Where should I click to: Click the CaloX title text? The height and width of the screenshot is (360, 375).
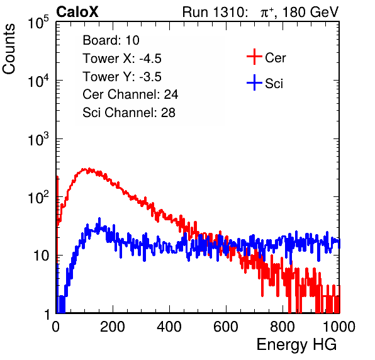point(77,12)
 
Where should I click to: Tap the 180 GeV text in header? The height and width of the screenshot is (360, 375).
point(310,12)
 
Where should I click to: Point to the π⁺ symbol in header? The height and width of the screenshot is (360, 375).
point(267,13)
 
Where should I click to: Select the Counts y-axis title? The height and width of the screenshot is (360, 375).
point(9,49)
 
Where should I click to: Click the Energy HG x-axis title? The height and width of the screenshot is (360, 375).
point(296,344)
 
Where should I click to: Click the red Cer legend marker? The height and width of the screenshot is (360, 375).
point(254,57)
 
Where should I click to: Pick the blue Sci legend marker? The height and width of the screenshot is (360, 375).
point(254,82)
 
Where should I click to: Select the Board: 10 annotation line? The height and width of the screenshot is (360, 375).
point(111,40)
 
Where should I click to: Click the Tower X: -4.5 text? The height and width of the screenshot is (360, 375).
point(122,59)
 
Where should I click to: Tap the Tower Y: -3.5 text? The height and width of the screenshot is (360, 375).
point(122,77)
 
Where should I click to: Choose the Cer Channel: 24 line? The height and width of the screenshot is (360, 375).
point(130,94)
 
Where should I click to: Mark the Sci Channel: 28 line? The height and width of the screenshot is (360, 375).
point(129,113)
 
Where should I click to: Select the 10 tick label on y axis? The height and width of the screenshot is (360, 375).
point(41,256)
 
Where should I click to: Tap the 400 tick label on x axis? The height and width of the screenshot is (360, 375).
point(169,327)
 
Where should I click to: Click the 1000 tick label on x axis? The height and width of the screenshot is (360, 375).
point(339,327)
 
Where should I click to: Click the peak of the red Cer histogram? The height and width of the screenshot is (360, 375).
point(89,169)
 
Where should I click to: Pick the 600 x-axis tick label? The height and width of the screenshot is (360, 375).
point(226,327)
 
